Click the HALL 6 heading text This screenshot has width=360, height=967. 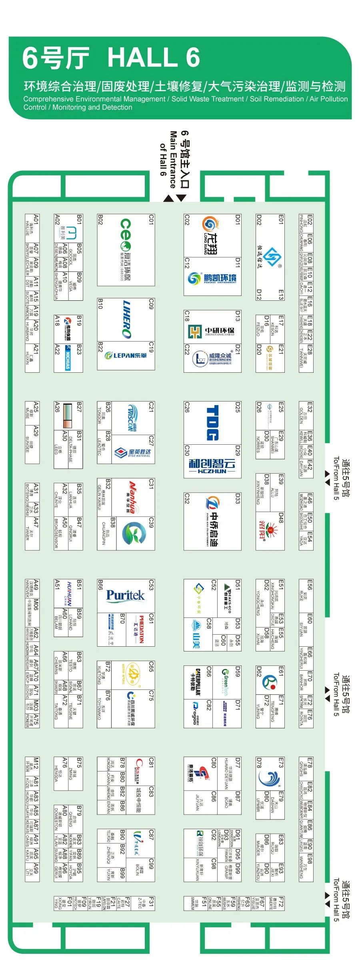coord(154,58)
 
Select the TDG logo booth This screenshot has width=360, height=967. coord(212,423)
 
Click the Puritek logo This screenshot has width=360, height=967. coord(125,596)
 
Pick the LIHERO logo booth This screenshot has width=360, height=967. coord(126,319)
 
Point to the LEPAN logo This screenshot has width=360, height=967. coord(126,355)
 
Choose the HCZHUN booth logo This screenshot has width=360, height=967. coord(212,466)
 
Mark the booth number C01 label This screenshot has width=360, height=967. coord(151,219)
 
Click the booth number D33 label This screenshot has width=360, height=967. coord(238,498)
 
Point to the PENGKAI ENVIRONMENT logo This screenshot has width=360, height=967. coord(212,278)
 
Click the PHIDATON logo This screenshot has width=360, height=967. coord(141,629)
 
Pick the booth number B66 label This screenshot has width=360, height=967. coord(100,585)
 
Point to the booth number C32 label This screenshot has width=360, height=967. coord(187,498)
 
